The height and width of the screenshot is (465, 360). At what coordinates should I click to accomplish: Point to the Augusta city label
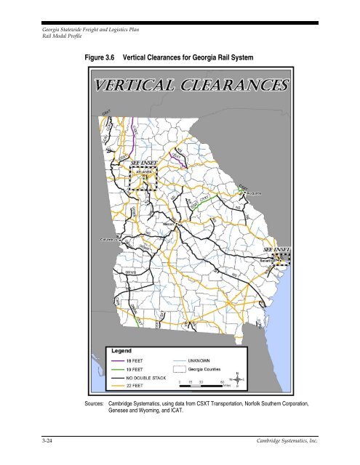[x=250, y=195]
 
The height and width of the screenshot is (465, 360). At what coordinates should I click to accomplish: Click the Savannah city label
[x=277, y=258]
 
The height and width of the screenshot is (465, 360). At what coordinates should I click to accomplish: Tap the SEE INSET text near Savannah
[x=276, y=249]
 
